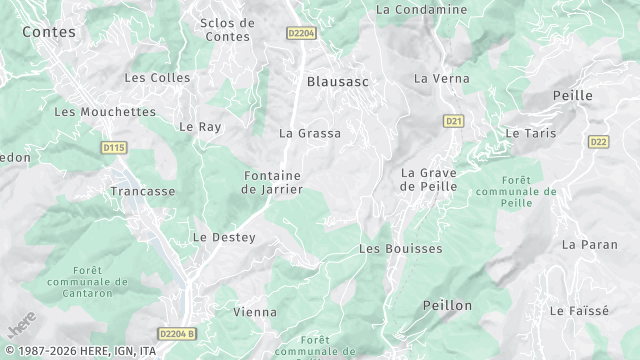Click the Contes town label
tap(48, 32)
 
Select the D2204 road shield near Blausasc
tap(301, 33)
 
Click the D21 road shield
tap(454, 121)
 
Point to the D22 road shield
tap(599, 142)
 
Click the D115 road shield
tap(114, 148)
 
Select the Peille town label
tap(573, 95)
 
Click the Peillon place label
tap(447, 305)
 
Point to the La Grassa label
tap(310, 133)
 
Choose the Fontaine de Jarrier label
tap(273, 182)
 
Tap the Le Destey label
tap(224, 237)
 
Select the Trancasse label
tap(143, 191)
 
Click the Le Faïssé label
tap(579, 311)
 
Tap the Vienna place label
tap(255, 312)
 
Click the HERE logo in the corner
tap(21, 326)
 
